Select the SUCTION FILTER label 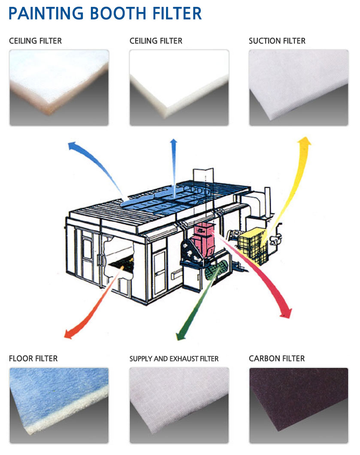[x=277, y=41]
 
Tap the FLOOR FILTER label [x=33, y=358]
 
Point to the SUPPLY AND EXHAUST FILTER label [x=174, y=359]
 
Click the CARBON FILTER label [x=277, y=358]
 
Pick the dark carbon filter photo [x=299, y=405]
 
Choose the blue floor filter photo [x=59, y=405]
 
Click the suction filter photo [x=299, y=88]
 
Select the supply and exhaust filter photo [x=179, y=405]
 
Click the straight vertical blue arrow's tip [x=173, y=139]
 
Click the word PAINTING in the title [x=46, y=13]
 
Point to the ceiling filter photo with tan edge [x=59, y=88]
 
